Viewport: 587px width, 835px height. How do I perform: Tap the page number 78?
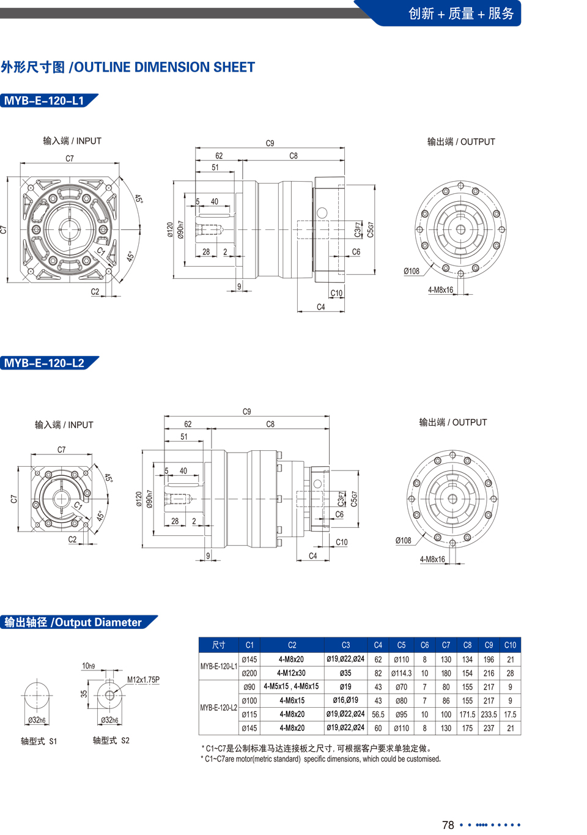[448, 825]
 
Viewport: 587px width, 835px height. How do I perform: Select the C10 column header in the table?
[510, 645]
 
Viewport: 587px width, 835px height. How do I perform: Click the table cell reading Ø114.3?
[401, 674]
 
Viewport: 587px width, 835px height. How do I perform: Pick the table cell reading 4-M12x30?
[292, 674]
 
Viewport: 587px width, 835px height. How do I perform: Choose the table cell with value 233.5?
[489, 714]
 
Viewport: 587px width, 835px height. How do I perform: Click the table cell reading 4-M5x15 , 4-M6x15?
[292, 686]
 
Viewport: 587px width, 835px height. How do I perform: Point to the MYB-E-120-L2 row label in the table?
[218, 708]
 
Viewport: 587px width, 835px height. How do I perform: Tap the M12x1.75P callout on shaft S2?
[143, 680]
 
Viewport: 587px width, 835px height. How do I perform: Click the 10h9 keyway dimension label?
[88, 666]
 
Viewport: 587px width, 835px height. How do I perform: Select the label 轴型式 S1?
[39, 741]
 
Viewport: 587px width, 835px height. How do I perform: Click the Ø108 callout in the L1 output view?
[412, 271]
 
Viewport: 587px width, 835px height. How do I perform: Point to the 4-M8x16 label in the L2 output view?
[432, 559]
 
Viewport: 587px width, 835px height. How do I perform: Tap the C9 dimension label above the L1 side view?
[270, 143]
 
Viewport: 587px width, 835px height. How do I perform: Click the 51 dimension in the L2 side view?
[183, 437]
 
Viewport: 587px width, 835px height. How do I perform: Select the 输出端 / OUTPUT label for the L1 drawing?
[461, 142]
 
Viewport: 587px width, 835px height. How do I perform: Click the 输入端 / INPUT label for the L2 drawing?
[64, 425]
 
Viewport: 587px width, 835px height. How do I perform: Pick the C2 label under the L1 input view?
[95, 292]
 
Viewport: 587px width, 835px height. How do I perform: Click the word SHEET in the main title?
[234, 67]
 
